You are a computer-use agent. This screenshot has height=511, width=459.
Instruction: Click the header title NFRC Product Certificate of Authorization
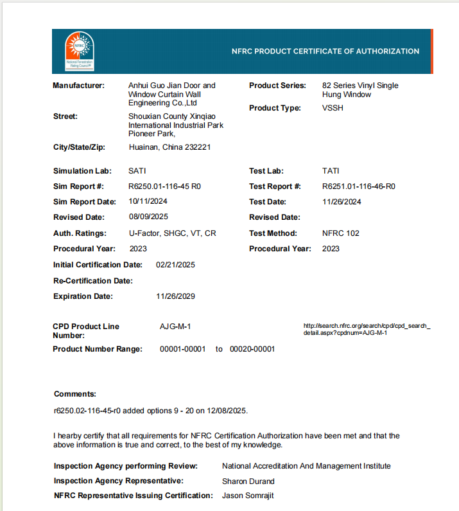(325, 51)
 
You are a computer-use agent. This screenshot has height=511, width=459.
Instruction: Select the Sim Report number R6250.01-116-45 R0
(165, 186)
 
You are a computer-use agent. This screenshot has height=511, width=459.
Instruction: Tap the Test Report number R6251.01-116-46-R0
(359, 186)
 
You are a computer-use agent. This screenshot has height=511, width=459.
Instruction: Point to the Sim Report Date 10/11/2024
(148, 202)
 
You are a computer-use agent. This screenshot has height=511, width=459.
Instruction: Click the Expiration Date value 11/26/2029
(176, 296)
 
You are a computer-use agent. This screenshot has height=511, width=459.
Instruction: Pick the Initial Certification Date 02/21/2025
(176, 265)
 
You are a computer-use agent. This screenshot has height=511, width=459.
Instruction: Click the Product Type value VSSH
(333, 108)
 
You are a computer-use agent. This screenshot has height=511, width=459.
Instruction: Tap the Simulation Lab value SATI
(137, 171)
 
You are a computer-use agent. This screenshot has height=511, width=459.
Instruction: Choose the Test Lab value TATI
(331, 171)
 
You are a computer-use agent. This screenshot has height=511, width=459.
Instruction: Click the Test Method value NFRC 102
(341, 233)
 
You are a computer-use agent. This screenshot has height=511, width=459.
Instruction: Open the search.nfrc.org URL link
(367, 329)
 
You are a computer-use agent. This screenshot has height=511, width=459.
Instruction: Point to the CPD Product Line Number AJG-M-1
(175, 327)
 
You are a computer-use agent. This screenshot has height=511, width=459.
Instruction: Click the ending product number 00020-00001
(252, 349)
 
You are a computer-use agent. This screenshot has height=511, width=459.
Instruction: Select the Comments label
(75, 394)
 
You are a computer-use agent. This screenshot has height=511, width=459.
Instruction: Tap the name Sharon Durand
(248, 481)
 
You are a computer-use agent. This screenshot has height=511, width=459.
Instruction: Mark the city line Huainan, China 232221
(169, 147)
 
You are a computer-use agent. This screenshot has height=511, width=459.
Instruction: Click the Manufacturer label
(78, 85)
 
